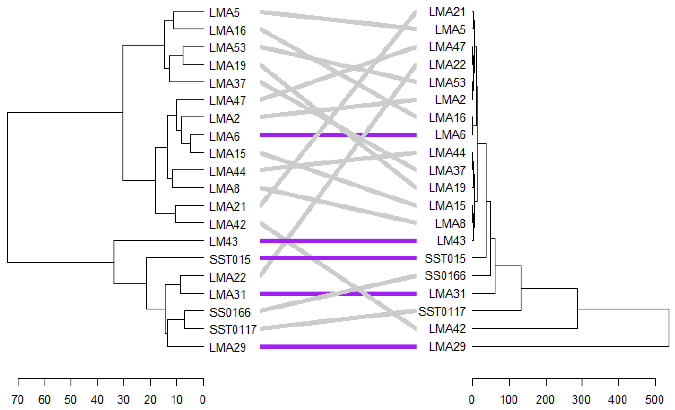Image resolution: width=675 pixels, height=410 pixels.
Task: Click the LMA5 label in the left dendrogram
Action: click(224, 13)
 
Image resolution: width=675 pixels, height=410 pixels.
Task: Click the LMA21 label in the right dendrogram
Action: click(447, 12)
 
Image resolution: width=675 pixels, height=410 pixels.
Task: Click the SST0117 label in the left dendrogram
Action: click(233, 329)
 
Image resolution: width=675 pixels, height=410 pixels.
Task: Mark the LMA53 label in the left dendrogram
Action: click(228, 48)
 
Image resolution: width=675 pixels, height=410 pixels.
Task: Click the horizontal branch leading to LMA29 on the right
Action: click(570, 347)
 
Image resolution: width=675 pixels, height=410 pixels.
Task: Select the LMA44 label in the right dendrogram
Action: click(447, 153)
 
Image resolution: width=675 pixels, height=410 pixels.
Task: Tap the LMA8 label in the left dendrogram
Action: click(224, 189)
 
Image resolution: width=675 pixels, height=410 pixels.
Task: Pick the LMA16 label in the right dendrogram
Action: click(447, 118)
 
